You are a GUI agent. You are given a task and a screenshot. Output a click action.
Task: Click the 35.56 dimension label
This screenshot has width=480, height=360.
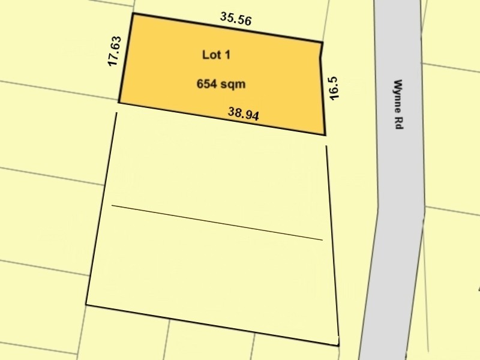(235, 19)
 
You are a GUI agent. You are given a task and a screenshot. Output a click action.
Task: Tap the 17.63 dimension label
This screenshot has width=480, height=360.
(115, 52)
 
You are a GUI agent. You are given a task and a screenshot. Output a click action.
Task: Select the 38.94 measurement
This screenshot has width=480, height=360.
(244, 113)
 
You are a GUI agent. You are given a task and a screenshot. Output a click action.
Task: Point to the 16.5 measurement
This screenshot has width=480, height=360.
(335, 87)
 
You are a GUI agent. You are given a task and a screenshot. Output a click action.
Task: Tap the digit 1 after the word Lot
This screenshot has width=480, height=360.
(227, 55)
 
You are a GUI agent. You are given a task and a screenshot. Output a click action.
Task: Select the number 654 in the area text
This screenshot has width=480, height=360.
(206, 85)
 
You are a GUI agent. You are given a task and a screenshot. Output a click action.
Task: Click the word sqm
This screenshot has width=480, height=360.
(233, 85)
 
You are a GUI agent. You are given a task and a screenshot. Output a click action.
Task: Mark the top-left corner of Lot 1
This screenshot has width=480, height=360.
(132, 13)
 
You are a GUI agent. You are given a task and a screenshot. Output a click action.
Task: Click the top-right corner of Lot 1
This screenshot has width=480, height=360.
(322, 43)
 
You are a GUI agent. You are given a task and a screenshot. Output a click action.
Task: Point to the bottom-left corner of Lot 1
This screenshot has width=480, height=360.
(119, 103)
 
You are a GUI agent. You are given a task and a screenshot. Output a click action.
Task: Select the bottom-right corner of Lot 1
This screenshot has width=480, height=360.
(325, 134)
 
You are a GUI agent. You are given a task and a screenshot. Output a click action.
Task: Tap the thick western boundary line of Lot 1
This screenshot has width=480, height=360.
(125, 58)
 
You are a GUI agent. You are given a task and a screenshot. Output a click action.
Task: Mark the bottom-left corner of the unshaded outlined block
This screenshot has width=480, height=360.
(86, 305)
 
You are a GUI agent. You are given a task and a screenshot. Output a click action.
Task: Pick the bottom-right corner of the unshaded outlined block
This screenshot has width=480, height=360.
(338, 346)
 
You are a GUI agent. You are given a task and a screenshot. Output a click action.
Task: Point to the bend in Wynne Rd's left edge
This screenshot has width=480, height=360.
(378, 206)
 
